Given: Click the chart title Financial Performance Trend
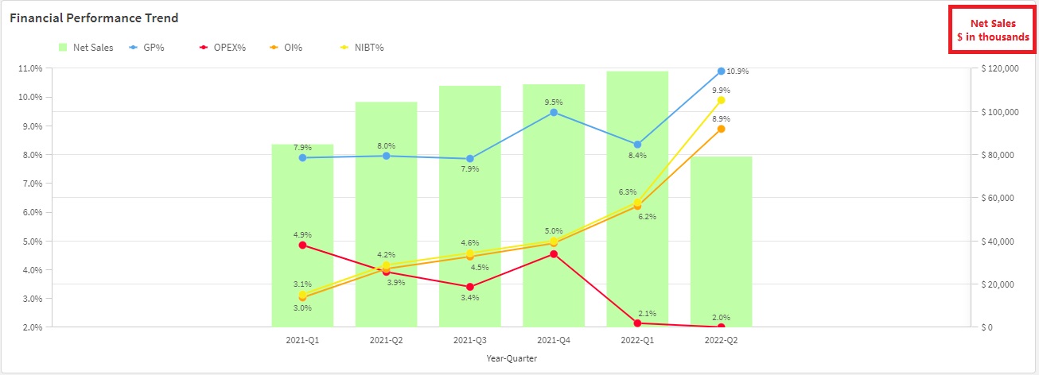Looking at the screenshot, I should [x=94, y=17].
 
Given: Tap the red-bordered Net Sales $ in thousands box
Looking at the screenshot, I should [x=992, y=31].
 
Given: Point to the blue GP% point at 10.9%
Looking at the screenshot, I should [x=721, y=72].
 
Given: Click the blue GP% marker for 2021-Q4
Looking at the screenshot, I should [x=554, y=112].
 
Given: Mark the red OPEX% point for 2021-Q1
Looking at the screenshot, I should [x=302, y=245].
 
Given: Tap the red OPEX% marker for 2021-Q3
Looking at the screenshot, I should [x=470, y=287].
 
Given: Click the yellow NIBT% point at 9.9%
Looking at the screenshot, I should [x=721, y=100].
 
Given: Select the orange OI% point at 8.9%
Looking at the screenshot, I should [x=721, y=129].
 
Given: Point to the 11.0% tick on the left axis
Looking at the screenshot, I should [x=29, y=68].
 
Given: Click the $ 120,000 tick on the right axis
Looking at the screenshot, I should [x=1000, y=69].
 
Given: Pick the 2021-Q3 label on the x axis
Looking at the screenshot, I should [x=470, y=340].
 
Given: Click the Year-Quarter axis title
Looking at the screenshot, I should [x=512, y=358].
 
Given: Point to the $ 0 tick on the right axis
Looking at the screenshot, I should [x=989, y=327].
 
